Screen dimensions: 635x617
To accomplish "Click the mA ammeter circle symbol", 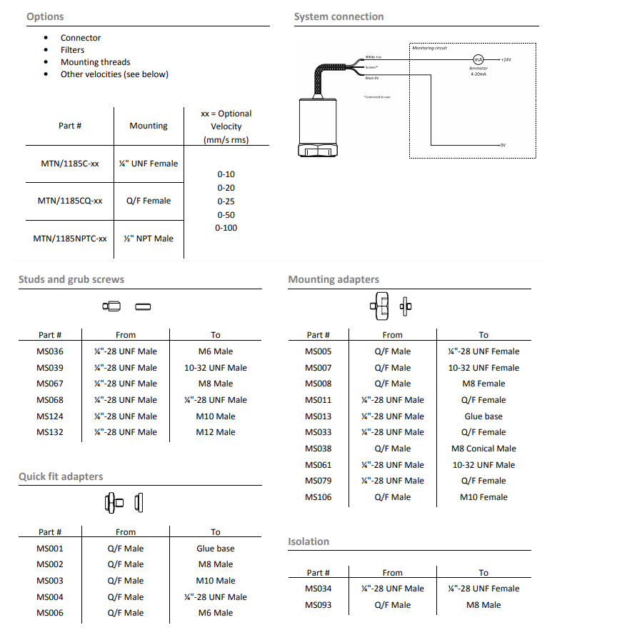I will (478, 60).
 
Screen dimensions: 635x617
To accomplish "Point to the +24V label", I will (506, 60).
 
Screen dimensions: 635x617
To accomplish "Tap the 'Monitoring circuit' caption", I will (430, 48).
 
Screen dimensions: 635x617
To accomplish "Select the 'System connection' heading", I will (338, 16).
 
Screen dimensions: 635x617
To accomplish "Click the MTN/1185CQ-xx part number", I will (70, 201).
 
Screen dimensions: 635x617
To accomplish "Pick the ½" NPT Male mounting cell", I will (149, 239).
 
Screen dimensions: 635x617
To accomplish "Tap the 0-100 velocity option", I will (226, 228).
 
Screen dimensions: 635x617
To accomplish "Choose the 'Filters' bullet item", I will (72, 50).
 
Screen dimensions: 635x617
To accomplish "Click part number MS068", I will (50, 400).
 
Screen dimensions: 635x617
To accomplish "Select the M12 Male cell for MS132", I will (216, 432).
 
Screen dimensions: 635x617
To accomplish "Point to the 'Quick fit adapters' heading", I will (61, 476).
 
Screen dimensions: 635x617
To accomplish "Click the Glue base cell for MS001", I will (216, 549).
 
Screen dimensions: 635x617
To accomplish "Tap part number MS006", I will (50, 613).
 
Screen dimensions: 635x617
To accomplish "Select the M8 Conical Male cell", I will (483, 449).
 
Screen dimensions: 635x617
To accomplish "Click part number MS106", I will (318, 497).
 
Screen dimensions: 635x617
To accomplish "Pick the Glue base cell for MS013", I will (483, 416).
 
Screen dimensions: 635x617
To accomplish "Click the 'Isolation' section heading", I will (308, 541).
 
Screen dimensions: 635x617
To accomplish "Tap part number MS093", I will (318, 605).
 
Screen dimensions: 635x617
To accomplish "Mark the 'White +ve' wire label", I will (373, 57).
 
